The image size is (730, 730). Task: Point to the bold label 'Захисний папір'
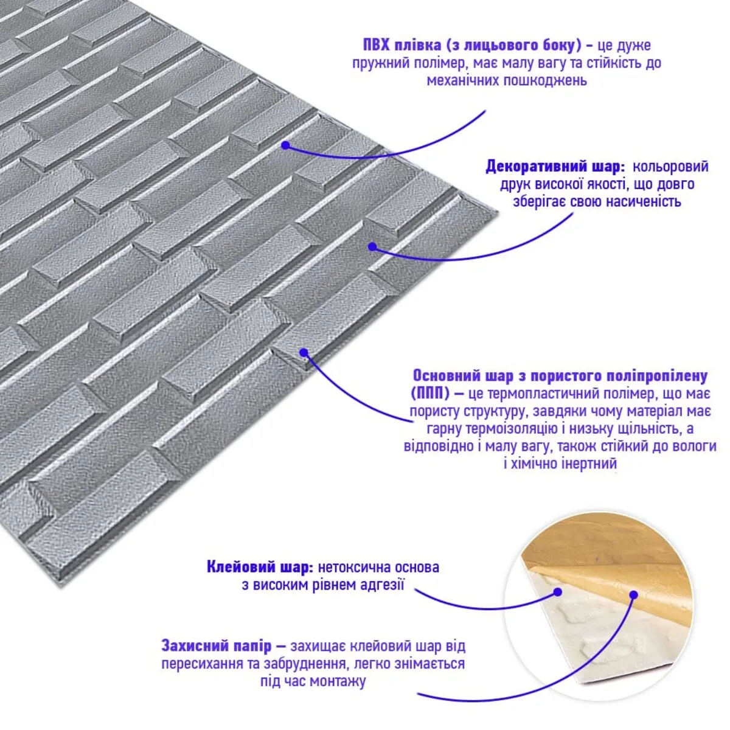tap(217, 645)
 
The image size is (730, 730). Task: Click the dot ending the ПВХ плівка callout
tap(285, 145)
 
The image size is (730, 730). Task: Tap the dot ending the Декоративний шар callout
tap(372, 246)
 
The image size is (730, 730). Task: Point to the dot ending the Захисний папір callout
tap(633, 595)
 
